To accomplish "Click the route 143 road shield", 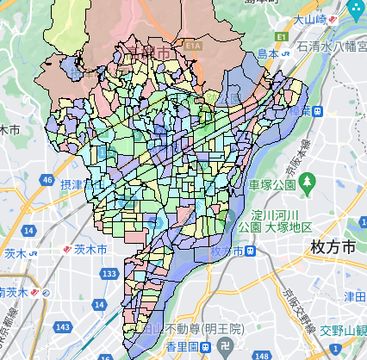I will tap(61, 327).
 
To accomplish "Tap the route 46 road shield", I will tap(45, 178).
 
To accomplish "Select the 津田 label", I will tap(354, 297).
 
